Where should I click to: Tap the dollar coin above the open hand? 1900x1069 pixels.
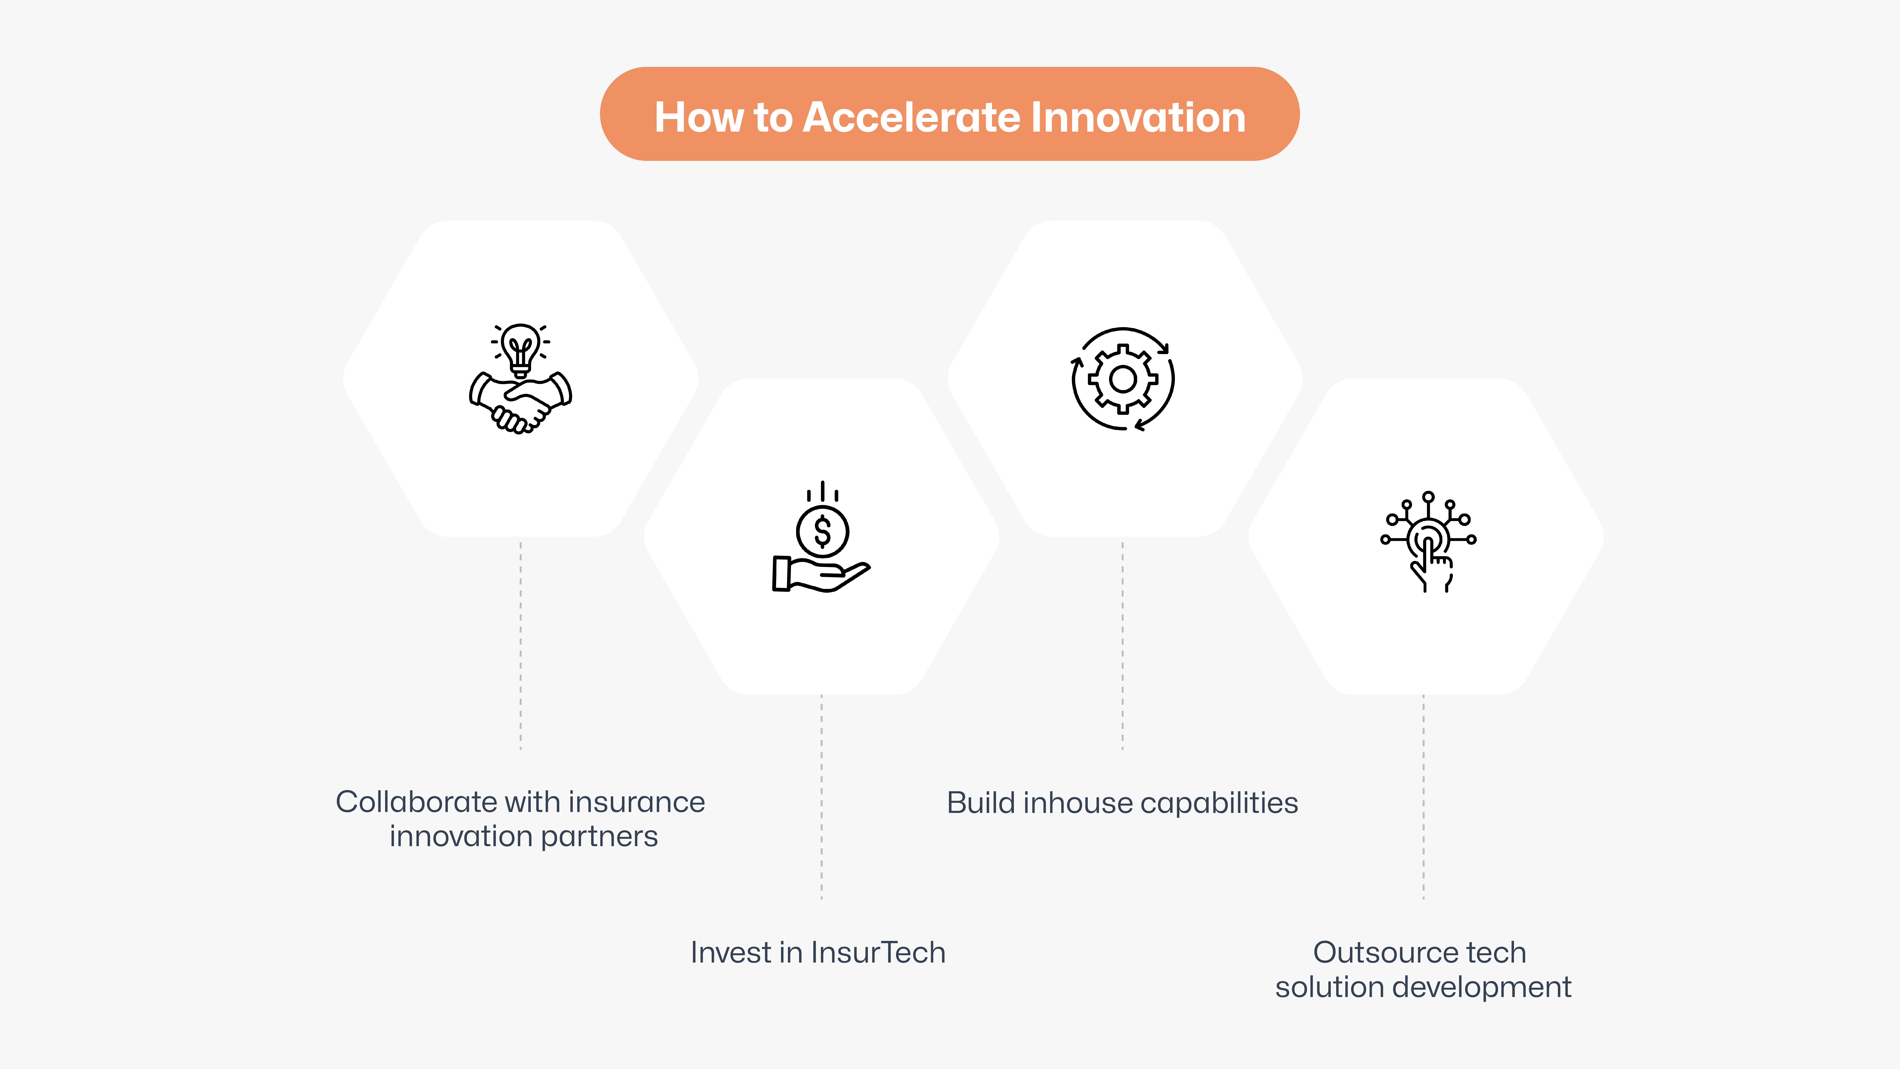pos(822,531)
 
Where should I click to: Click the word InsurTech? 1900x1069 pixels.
pos(878,952)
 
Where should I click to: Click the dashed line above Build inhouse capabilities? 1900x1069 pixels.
pos(1123,645)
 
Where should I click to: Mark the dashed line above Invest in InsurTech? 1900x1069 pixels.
pos(822,797)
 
